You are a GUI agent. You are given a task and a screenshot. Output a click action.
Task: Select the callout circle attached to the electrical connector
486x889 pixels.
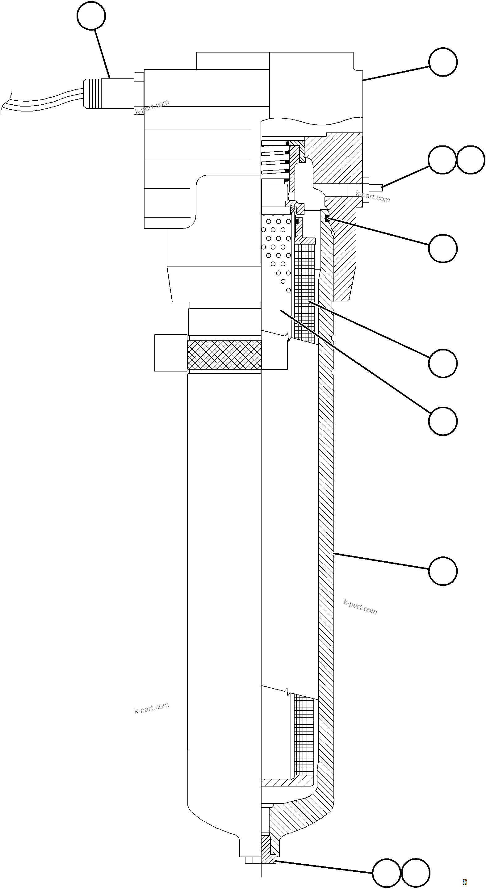pos(91,16)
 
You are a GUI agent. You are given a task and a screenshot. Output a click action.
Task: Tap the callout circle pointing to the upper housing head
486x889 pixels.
pos(443,62)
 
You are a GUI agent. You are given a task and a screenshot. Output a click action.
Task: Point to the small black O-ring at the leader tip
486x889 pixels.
pos(327,218)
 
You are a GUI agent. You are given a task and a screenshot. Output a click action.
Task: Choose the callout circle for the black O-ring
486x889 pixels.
pos(443,249)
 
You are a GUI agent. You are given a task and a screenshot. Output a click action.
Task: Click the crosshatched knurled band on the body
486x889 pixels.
pos(224,354)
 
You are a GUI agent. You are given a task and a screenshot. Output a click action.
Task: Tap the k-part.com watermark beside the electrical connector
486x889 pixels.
pos(152,107)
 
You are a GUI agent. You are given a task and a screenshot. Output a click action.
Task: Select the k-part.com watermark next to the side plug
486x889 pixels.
pos(373,197)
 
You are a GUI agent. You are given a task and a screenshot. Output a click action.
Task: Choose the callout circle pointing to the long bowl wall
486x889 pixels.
pos(443,571)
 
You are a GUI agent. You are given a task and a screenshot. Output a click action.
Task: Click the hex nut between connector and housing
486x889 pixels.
pos(139,93)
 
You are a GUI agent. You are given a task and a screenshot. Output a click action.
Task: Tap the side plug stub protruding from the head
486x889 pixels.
pos(373,187)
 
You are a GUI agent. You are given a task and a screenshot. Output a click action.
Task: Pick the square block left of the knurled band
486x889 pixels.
pos(171,352)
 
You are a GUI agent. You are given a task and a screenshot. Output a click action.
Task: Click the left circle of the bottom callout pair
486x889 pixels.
pos(387,873)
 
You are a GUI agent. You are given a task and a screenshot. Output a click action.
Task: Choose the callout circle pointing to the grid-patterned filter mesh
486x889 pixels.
pos(443,363)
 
